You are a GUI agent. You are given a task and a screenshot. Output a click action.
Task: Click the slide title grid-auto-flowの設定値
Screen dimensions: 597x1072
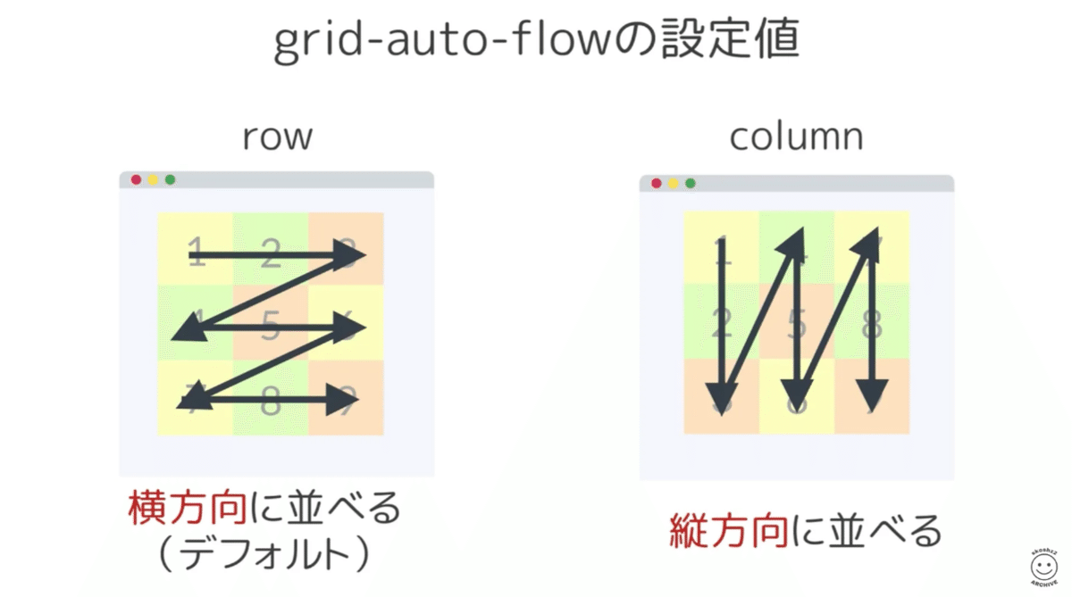pos(536,43)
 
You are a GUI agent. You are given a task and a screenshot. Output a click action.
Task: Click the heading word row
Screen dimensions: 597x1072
pos(277,137)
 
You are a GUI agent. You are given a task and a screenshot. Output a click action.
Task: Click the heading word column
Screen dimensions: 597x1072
pos(796,137)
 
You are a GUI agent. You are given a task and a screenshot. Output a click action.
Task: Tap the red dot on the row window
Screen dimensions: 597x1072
pos(136,180)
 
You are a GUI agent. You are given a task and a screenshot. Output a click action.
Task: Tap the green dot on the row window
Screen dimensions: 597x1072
pos(170,180)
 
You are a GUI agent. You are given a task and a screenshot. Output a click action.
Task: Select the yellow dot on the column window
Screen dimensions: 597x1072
pos(673,184)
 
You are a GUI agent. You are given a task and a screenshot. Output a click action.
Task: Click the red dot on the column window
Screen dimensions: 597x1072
pos(656,184)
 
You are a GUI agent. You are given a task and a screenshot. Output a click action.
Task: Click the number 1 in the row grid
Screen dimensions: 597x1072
pos(197,252)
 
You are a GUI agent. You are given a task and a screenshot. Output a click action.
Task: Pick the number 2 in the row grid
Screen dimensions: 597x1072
pos(270,253)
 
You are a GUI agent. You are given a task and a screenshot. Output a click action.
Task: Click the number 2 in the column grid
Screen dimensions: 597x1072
pos(723,323)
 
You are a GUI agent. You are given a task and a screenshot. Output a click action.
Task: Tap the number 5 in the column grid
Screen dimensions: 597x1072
pos(797,323)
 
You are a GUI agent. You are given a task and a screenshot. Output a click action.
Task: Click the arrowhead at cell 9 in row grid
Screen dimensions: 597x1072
pos(344,401)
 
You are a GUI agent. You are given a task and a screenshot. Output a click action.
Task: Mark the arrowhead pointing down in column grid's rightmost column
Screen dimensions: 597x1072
pos(872,393)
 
